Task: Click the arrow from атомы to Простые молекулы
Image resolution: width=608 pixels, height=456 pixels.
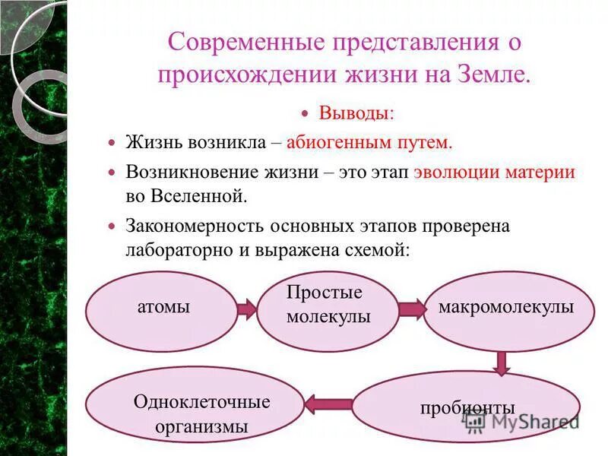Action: point(247,309)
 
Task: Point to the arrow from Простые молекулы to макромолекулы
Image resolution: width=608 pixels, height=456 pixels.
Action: point(412,309)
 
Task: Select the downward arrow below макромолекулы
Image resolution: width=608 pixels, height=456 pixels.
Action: point(502,362)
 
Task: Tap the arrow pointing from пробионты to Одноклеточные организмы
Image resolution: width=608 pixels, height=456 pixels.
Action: point(328,404)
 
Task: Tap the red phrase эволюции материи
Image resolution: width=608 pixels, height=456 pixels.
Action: point(495,171)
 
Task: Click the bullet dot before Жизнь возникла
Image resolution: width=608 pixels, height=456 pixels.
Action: point(112,143)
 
